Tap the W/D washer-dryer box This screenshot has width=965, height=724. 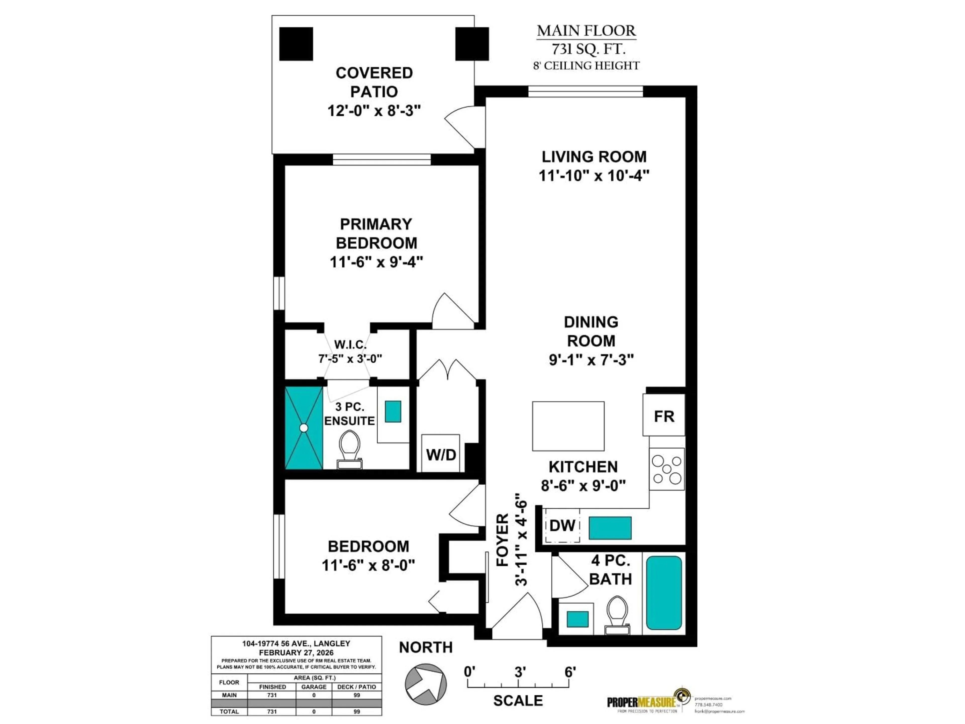pyautogui.click(x=441, y=454)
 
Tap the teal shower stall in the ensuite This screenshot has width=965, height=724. pyautogui.click(x=304, y=428)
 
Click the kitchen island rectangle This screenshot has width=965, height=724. pyautogui.click(x=568, y=426)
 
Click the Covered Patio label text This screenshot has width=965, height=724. pyautogui.click(x=374, y=82)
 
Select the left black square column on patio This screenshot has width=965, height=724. pyautogui.click(x=296, y=44)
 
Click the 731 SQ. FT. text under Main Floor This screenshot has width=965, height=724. pyautogui.click(x=588, y=49)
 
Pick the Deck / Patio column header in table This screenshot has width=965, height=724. pyautogui.click(x=356, y=687)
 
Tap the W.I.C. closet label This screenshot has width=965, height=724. pyautogui.click(x=350, y=344)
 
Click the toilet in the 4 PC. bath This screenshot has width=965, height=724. pyautogui.click(x=617, y=614)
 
